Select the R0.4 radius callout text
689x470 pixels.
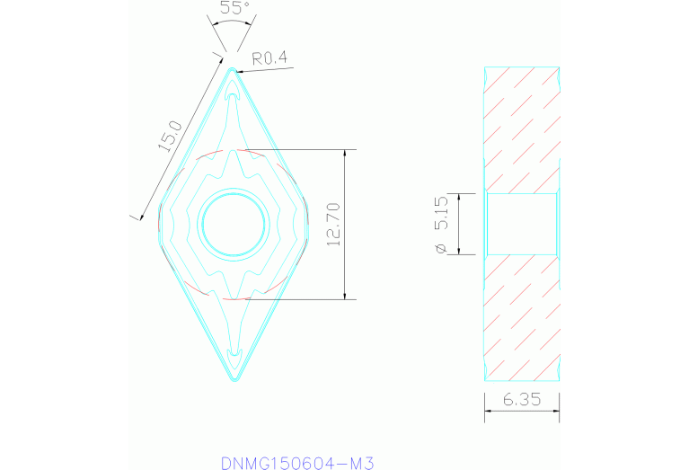[x=269, y=58]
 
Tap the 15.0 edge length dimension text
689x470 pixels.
[x=171, y=137]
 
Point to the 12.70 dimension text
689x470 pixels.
[x=333, y=225]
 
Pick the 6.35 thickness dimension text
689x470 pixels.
[x=521, y=401]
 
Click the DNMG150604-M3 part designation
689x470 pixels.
[x=296, y=463]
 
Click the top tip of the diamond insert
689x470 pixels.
[x=234, y=68]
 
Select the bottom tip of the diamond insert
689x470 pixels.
[x=234, y=380]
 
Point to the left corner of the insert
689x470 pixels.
[x=159, y=223]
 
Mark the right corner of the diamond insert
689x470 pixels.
[x=308, y=223]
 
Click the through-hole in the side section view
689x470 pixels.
[x=521, y=224]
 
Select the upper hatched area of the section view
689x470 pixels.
[x=521, y=130]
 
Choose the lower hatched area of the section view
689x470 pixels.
[x=521, y=315]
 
